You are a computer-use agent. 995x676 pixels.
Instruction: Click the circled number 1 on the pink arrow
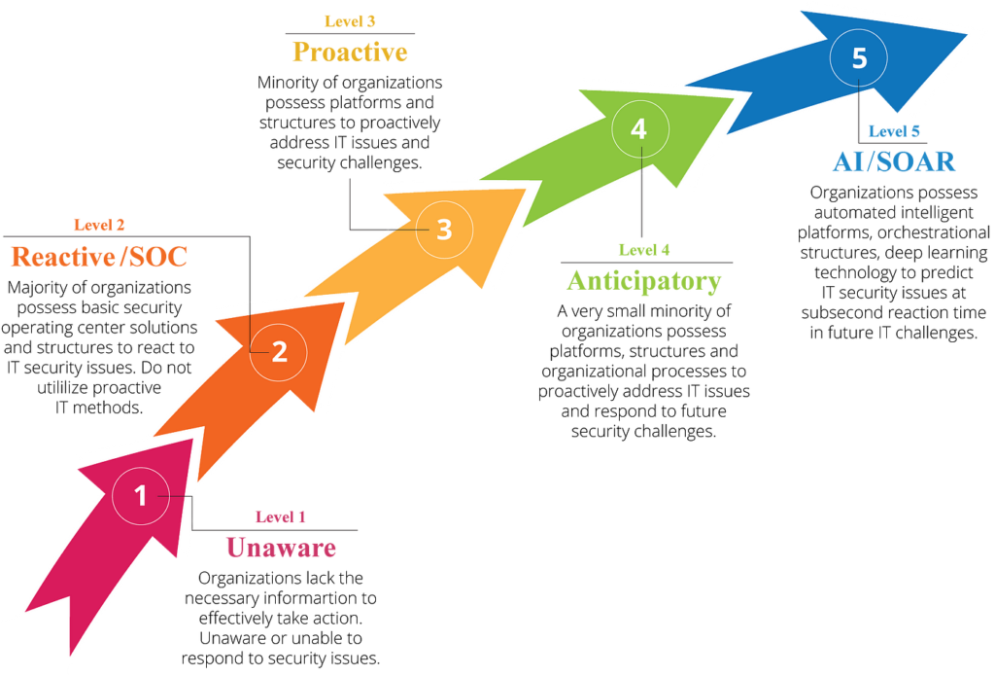pyautogui.click(x=141, y=495)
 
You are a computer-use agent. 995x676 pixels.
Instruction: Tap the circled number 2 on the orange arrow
pyautogui.click(x=279, y=352)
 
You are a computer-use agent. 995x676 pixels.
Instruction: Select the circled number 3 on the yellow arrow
pyautogui.click(x=444, y=230)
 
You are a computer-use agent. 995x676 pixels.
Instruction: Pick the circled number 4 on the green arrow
pyautogui.click(x=639, y=129)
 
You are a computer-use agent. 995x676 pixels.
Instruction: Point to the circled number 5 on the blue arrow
pyautogui.click(x=859, y=57)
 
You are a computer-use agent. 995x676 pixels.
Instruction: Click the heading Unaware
pyautogui.click(x=281, y=548)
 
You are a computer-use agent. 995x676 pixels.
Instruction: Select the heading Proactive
pyautogui.click(x=350, y=52)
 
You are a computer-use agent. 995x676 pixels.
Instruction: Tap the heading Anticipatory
pyautogui.click(x=644, y=281)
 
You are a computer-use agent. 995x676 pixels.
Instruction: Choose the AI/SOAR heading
pyautogui.click(x=894, y=161)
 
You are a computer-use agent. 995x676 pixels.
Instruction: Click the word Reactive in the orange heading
pyautogui.click(x=63, y=257)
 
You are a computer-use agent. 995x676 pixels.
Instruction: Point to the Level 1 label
pyautogui.click(x=281, y=517)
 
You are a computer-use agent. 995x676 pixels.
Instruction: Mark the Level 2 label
pyautogui.click(x=99, y=225)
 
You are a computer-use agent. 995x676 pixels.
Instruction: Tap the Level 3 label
pyautogui.click(x=350, y=21)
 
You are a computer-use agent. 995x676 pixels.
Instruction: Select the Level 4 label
pyautogui.click(x=644, y=250)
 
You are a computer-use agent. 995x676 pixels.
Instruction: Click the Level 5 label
pyautogui.click(x=894, y=131)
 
